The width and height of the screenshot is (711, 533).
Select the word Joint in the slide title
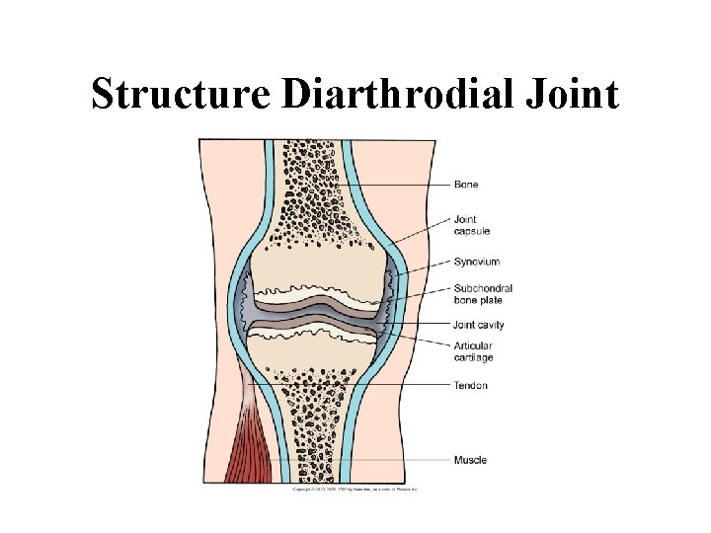(567, 95)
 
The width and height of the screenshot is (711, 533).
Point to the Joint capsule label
(473, 225)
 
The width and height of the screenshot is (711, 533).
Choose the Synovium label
(477, 262)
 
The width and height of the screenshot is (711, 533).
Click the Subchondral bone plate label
(483, 293)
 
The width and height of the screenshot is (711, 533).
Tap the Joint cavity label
(479, 323)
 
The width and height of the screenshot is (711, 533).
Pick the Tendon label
(471, 385)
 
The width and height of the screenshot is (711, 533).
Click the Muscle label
(470, 460)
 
